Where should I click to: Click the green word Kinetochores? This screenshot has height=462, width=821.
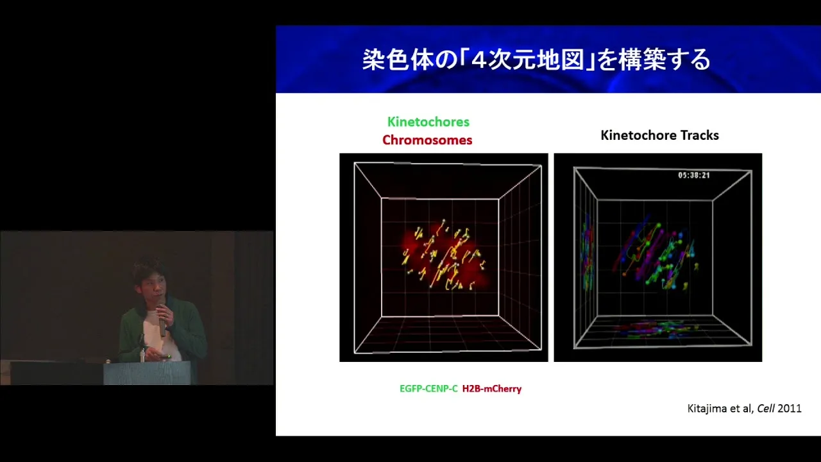click(428, 122)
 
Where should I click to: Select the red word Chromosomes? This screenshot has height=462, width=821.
click(427, 140)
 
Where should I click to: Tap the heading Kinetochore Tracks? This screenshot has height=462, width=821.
click(659, 135)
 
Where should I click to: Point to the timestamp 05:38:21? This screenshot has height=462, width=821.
click(694, 175)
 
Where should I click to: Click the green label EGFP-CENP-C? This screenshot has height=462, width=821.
click(428, 389)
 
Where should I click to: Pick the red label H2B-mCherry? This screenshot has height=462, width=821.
click(491, 389)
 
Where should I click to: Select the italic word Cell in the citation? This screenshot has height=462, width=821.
click(766, 409)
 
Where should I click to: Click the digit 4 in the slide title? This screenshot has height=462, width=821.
click(478, 60)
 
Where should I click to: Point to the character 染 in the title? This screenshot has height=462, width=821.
click(374, 60)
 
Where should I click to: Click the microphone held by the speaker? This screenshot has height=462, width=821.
click(162, 318)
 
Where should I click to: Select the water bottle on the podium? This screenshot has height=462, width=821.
click(142, 355)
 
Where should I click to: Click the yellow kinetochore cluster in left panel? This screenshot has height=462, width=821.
click(443, 257)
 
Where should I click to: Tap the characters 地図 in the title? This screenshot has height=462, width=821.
click(561, 60)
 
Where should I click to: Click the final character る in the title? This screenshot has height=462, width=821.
click(699, 60)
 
